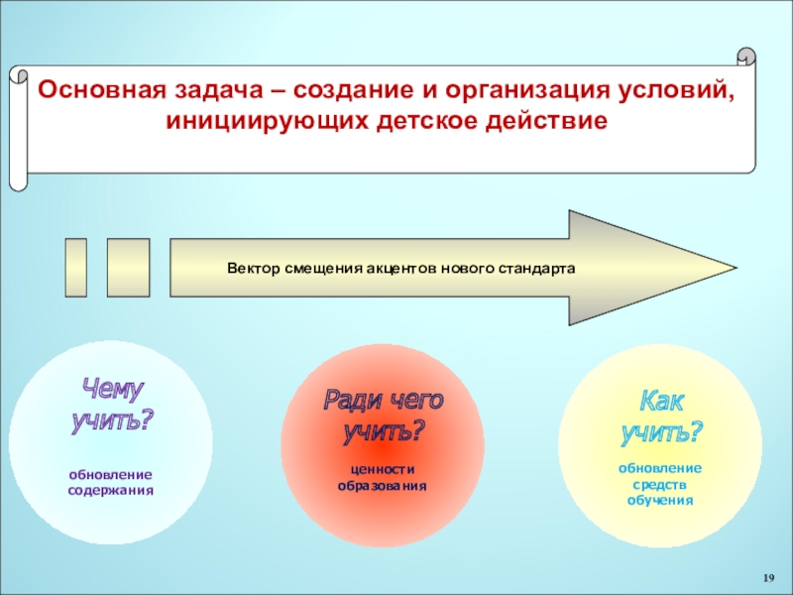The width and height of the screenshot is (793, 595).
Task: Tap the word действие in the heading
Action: tap(544, 122)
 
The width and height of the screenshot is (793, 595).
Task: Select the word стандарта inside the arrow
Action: tap(539, 269)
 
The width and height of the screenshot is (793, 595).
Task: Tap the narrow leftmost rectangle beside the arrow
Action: tap(75, 268)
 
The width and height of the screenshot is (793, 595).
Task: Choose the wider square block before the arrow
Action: tap(128, 268)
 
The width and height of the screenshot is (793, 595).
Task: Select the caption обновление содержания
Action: tap(110, 483)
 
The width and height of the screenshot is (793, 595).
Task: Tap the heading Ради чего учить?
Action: tap(383, 415)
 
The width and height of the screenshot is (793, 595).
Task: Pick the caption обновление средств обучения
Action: tap(660, 484)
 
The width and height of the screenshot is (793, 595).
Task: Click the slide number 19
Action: tap(768, 577)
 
